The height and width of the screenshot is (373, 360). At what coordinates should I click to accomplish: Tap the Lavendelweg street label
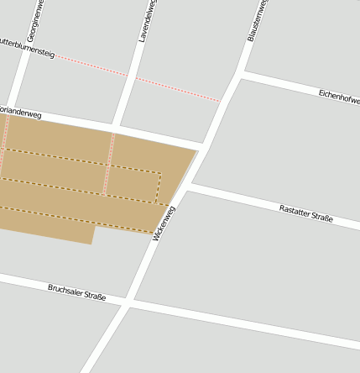(x=147, y=22)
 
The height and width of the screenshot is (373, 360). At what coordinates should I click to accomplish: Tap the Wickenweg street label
(x=165, y=223)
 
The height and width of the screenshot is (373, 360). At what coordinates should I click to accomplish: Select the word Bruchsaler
(x=65, y=289)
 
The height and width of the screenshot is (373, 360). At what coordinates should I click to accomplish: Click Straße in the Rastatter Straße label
(x=322, y=218)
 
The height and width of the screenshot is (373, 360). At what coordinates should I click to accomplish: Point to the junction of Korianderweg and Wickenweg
(x=204, y=144)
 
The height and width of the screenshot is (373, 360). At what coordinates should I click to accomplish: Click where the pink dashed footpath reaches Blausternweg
(x=222, y=102)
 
